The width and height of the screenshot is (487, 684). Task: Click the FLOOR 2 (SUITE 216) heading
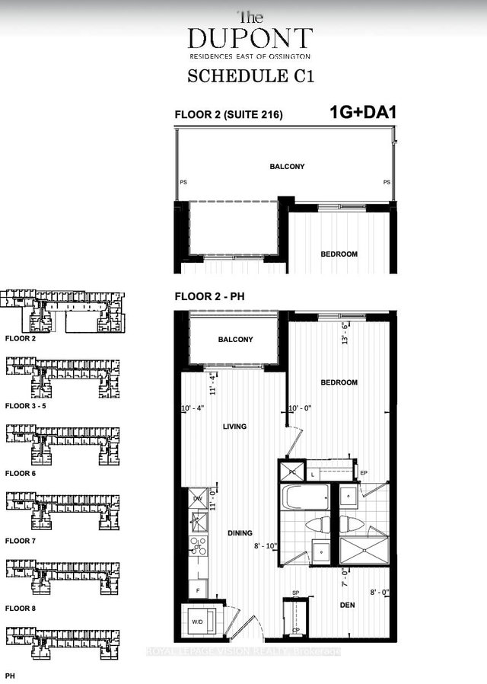point(229,115)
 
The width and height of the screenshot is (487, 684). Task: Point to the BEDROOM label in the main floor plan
point(338,382)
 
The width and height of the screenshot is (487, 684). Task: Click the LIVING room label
point(235,427)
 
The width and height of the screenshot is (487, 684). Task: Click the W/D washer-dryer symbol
point(198,622)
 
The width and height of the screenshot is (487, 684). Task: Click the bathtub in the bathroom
point(304,499)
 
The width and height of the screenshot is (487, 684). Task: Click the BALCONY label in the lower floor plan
point(235,340)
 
